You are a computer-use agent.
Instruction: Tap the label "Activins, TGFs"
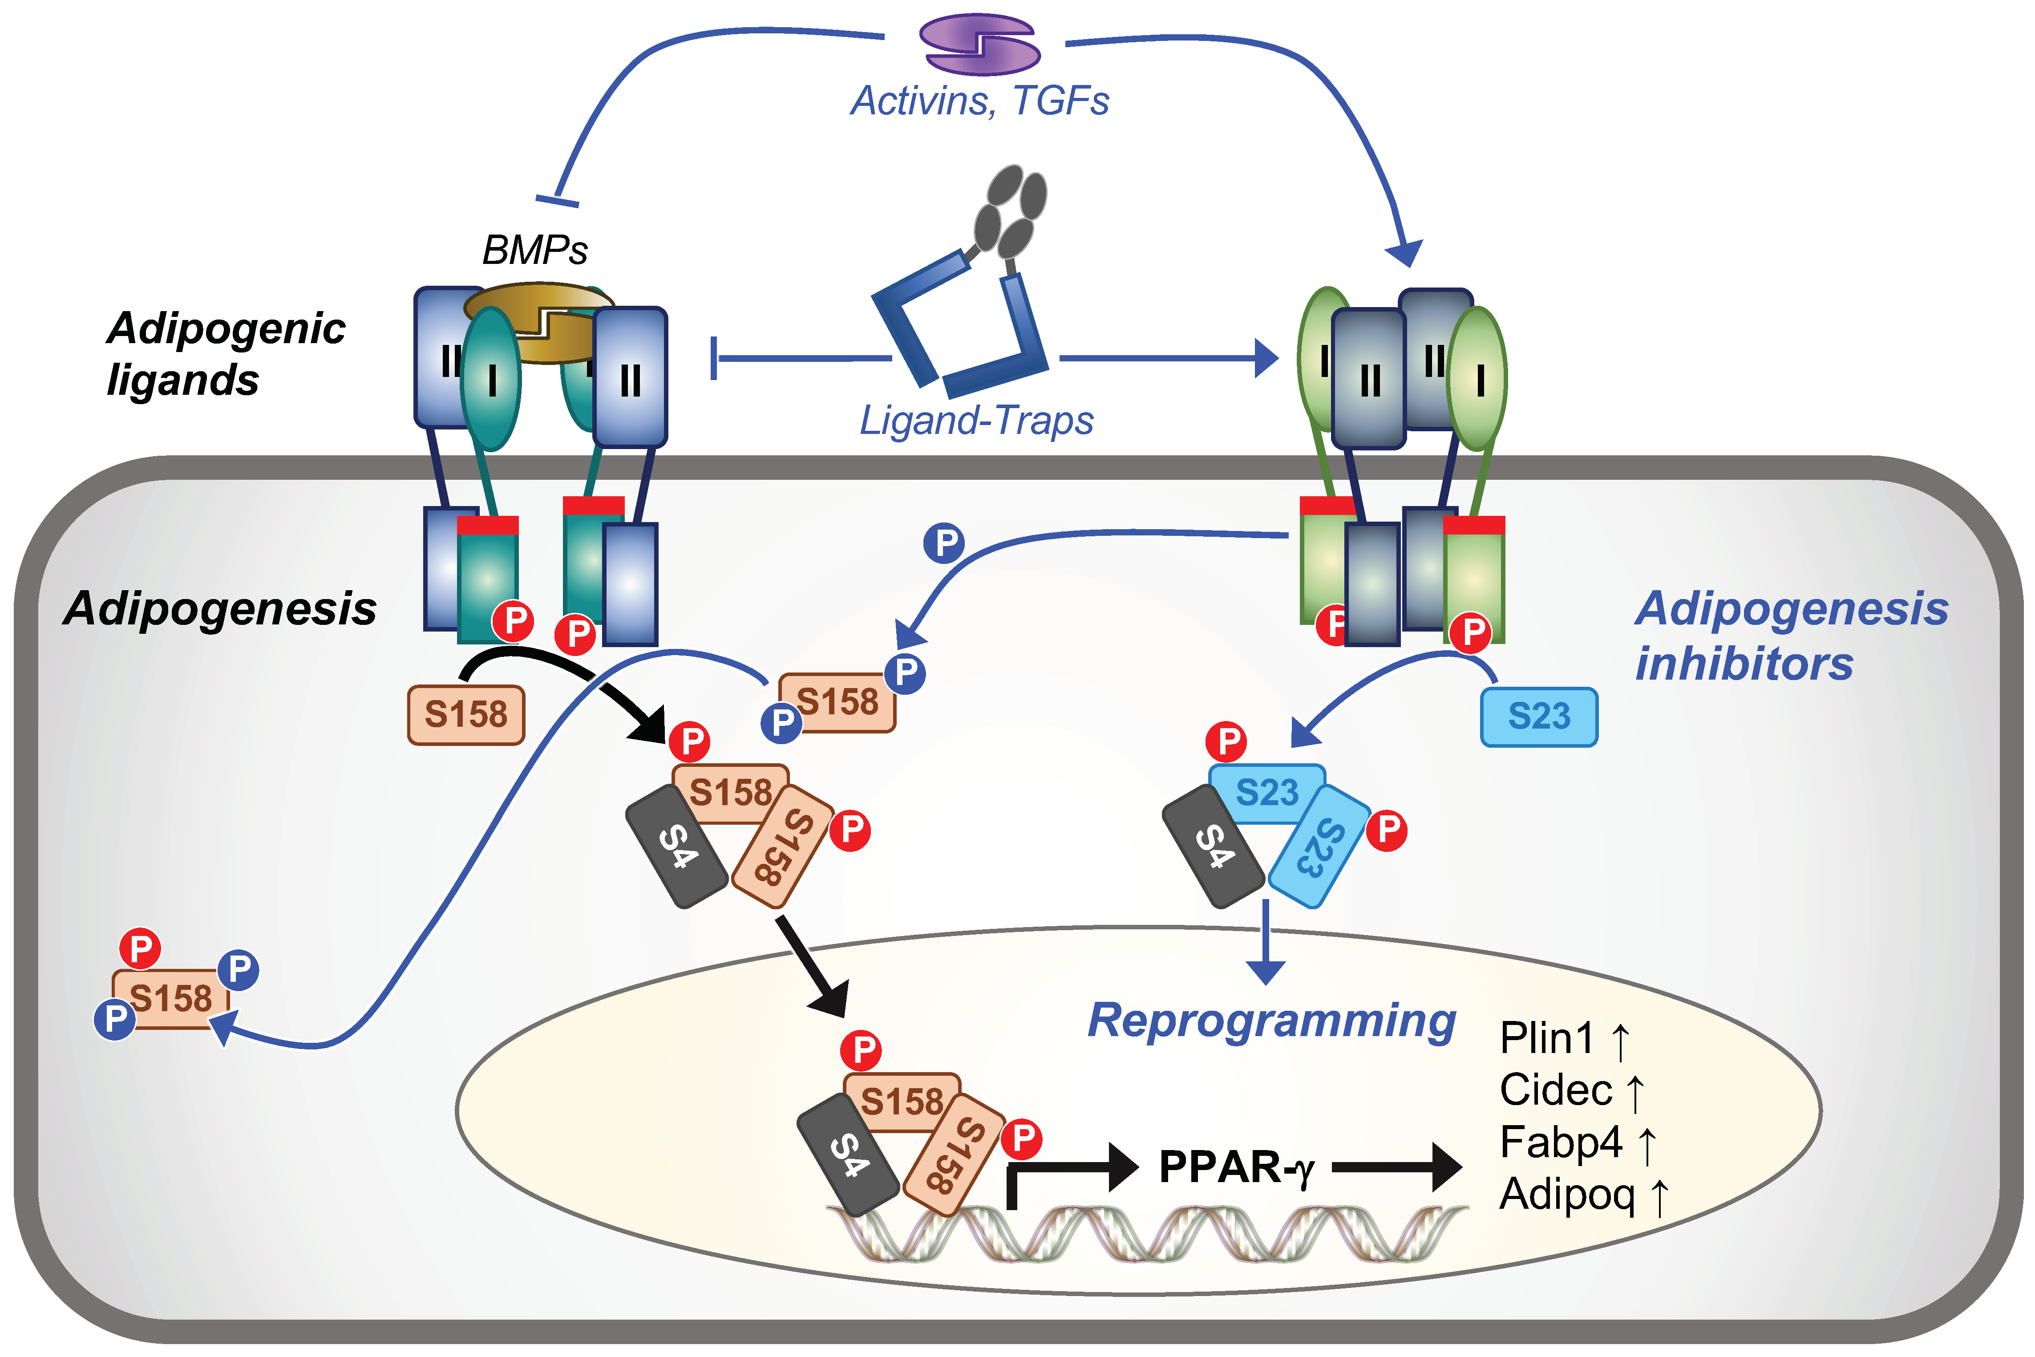[x=980, y=101]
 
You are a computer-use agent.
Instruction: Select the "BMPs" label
[x=535, y=250]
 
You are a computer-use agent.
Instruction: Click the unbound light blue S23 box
[x=1539, y=717]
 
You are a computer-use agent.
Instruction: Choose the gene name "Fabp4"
[x=1560, y=1142]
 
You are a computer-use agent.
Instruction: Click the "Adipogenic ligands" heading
[x=225, y=354]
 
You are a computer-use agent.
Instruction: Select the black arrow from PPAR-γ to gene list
[x=1396, y=1167]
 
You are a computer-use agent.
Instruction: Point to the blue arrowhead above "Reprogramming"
[x=1266, y=972]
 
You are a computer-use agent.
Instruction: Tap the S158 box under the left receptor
[x=466, y=715]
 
